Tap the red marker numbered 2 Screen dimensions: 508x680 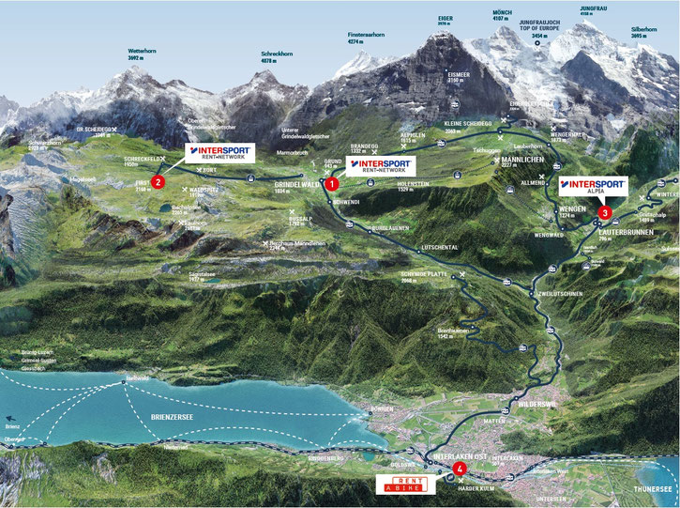click(158, 181)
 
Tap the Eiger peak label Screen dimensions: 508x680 click(445, 17)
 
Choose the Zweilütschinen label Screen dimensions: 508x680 click(560, 293)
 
